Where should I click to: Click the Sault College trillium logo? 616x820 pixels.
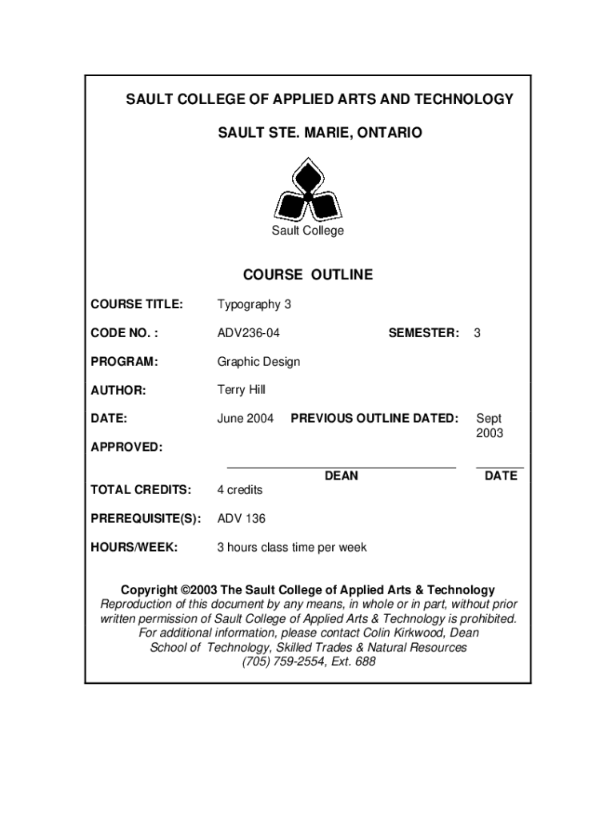[308, 191]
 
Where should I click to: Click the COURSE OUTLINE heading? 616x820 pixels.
[308, 275]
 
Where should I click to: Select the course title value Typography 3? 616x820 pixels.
[249, 304]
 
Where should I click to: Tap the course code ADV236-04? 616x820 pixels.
[249, 332]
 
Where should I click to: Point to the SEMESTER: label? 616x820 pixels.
[424, 332]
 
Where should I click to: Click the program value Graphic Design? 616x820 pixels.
[258, 361]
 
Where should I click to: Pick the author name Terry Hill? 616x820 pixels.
[241, 390]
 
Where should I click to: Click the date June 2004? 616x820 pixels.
[246, 418]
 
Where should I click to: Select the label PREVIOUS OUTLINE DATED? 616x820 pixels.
[374, 418]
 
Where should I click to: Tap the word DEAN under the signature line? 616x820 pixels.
[342, 476]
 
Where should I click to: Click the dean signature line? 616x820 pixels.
[342, 465]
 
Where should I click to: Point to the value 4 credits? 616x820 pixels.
[240, 489]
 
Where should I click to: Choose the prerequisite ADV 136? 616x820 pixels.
[242, 519]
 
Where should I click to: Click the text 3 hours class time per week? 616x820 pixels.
[292, 548]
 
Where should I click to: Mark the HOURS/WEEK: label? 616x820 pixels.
[134, 548]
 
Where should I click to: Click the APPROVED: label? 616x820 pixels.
[126, 447]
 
